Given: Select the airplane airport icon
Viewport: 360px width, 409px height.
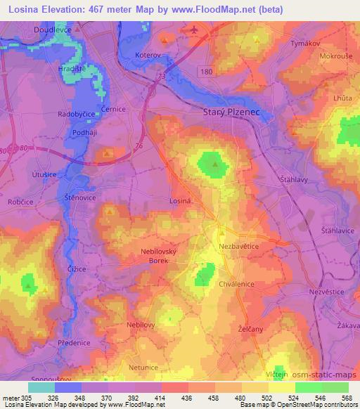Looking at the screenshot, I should click(x=193, y=30).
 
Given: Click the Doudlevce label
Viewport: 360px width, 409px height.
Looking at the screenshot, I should click(x=54, y=30).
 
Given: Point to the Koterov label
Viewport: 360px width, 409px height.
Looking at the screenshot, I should click(x=148, y=54).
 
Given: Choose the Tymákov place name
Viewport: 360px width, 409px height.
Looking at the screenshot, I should click(x=304, y=44).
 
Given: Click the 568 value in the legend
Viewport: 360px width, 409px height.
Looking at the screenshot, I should click(x=347, y=396).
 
